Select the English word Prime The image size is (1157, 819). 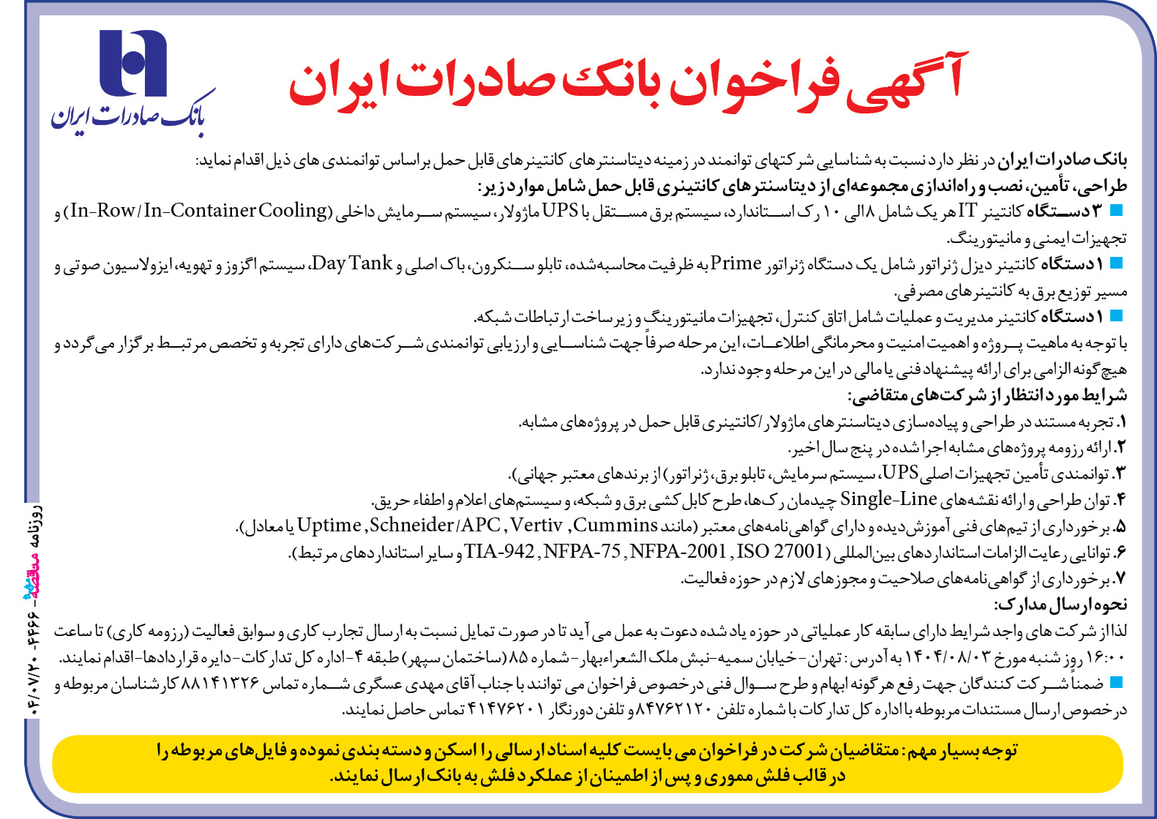tap(736, 263)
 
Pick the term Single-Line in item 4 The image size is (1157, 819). tap(888, 500)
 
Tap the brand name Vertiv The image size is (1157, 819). tap(536, 526)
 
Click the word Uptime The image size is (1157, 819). tap(329, 526)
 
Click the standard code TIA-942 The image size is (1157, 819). tap(499, 551)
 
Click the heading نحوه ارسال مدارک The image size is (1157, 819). tap(1060, 605)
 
